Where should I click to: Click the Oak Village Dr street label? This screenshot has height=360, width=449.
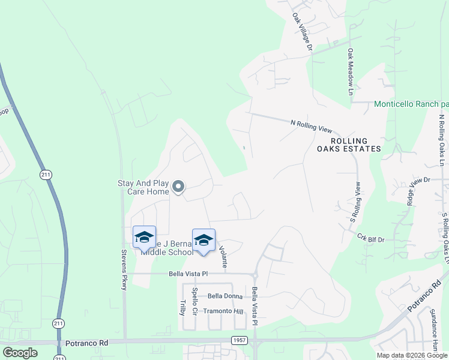pos(303,32)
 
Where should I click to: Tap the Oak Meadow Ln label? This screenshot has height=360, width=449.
pos(350,71)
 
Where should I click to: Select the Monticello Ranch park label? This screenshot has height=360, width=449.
pos(411,104)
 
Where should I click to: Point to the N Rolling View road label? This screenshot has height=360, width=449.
pos(311,125)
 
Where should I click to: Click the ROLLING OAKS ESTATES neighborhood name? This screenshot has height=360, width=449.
pos(349,145)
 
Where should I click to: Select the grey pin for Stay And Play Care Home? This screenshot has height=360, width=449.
pos(178,187)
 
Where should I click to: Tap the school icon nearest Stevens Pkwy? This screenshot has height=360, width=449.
pos(144,237)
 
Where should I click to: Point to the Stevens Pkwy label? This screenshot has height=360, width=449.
pos(124,270)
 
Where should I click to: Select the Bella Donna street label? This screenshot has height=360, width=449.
pos(224,296)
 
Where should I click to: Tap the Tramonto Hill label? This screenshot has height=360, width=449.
pos(223,311)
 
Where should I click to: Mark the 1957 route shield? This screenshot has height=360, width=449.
pos(238,340)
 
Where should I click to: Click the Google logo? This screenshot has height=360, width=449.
pos(20,352)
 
